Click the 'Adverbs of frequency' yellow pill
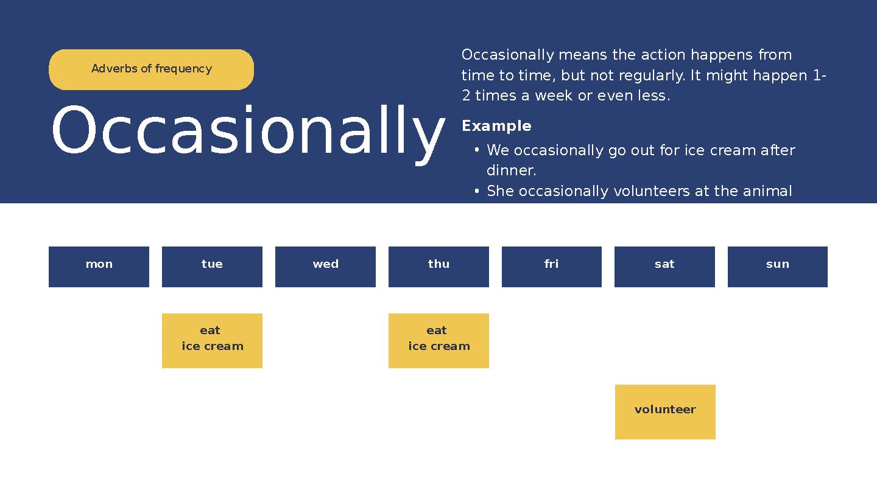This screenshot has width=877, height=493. [151, 69]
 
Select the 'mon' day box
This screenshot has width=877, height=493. [99, 267]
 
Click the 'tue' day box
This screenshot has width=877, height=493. [212, 267]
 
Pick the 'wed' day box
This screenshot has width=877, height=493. [325, 267]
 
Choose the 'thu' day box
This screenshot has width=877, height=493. [438, 267]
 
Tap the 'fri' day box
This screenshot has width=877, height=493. [552, 267]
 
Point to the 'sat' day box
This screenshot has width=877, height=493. [664, 267]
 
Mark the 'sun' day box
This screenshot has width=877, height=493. [778, 267]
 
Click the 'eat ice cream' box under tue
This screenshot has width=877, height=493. [212, 341]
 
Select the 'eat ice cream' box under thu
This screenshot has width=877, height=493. [438, 341]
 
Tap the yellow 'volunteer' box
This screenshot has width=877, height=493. [665, 412]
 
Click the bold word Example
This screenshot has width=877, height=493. [496, 126]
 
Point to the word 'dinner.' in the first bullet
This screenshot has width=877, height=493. [512, 170]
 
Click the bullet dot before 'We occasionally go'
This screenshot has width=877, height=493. [476, 150]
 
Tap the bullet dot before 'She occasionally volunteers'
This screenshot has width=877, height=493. [476, 191]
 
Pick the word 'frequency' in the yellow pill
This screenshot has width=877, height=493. [184, 69]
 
